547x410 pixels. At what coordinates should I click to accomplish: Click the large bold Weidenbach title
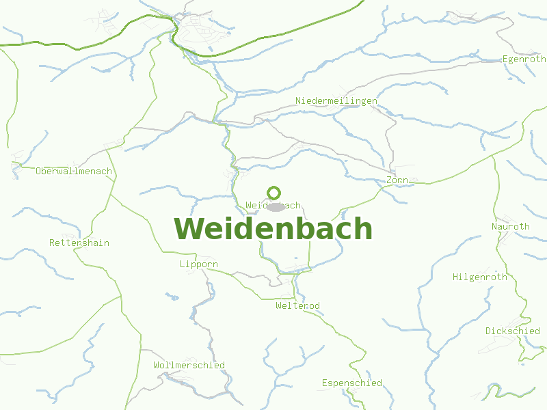[x=273, y=229]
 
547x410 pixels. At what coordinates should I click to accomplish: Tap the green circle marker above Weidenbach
[x=274, y=193]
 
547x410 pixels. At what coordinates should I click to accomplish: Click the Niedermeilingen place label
[x=336, y=101]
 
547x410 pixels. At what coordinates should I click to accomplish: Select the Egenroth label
[x=524, y=59]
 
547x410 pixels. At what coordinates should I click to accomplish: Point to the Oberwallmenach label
[x=74, y=172]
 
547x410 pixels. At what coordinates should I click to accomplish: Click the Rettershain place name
[x=79, y=243]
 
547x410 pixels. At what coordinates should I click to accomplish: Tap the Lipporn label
[x=199, y=264]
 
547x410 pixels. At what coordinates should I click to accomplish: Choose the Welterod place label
[x=297, y=305]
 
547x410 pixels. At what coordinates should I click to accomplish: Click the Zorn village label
[x=397, y=180]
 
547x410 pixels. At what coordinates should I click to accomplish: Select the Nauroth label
[x=511, y=226]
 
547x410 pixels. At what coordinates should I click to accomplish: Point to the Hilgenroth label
[x=480, y=277]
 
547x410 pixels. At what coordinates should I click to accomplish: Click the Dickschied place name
[x=513, y=331]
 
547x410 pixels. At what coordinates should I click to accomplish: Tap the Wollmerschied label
[x=189, y=365]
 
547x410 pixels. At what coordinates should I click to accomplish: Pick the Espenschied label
[x=352, y=383]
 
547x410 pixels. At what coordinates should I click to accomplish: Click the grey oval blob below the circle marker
[x=276, y=206]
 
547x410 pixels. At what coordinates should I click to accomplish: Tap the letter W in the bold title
[x=189, y=229]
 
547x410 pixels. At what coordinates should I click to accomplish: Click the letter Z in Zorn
[x=389, y=180]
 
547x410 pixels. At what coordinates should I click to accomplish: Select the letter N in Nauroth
[x=494, y=226]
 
